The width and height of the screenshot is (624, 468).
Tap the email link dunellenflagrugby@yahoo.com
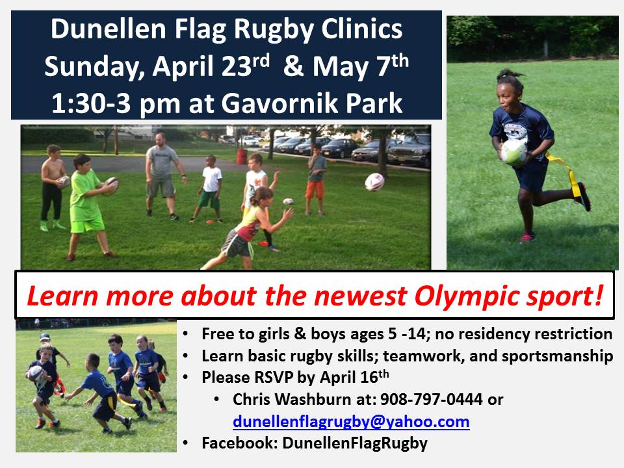tap(351, 421)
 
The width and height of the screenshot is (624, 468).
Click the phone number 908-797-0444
tap(432, 399)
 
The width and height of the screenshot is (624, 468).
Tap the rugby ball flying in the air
tap(374, 182)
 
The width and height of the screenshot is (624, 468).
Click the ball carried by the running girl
tap(513, 151)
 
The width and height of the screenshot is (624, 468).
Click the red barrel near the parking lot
tap(242, 157)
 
